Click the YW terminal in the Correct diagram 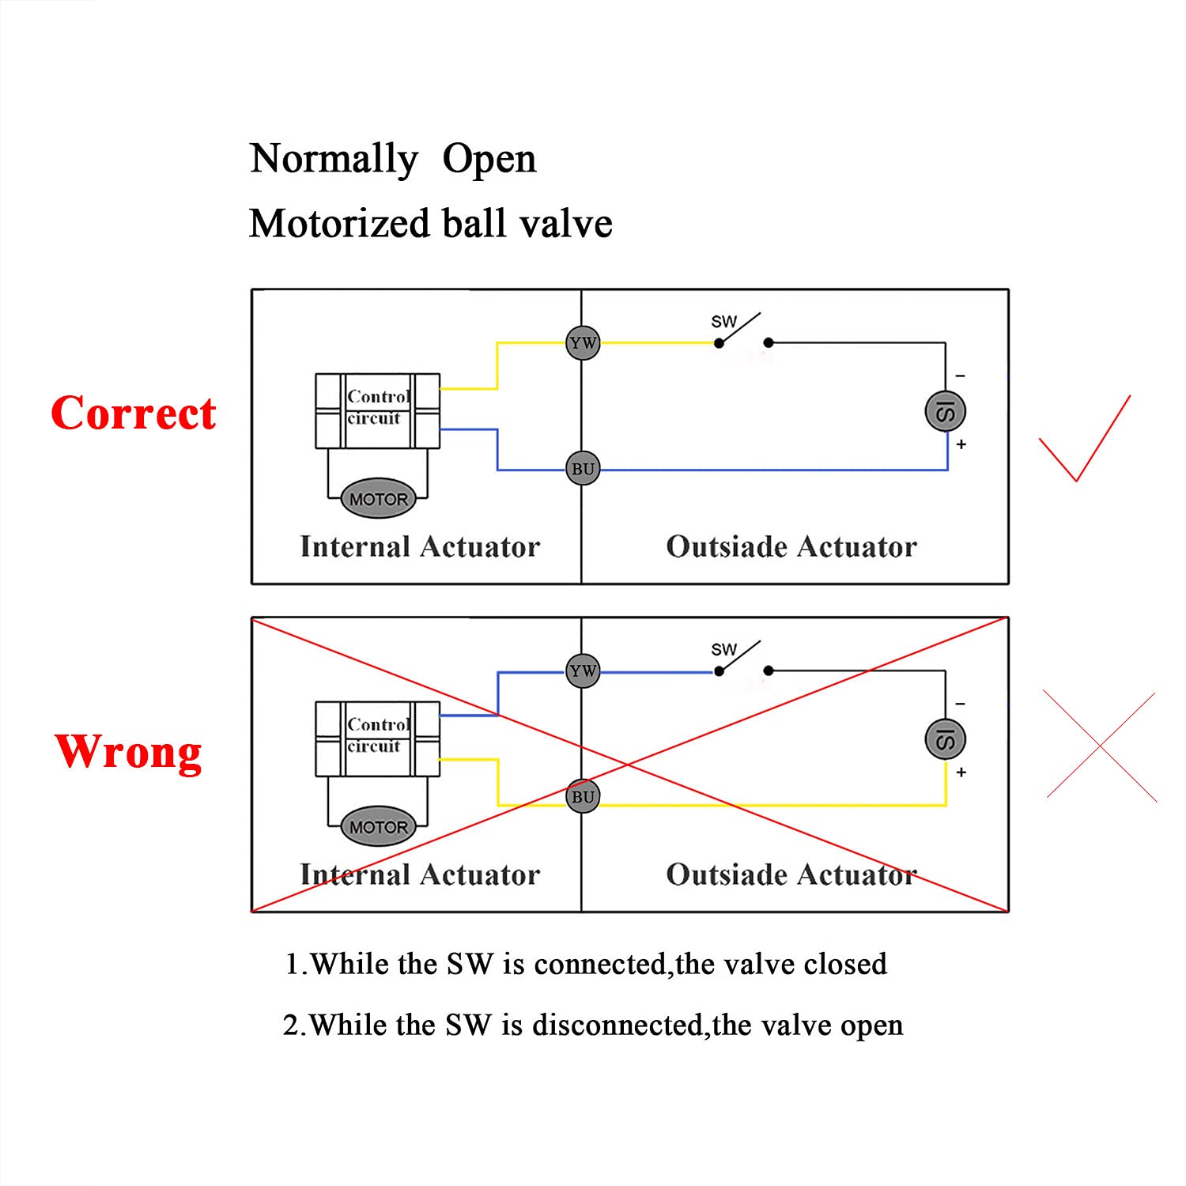click(583, 343)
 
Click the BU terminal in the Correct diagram click(583, 469)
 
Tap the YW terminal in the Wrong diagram click(583, 671)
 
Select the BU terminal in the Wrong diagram click(583, 797)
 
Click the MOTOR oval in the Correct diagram click(378, 499)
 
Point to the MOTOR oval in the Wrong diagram click(378, 827)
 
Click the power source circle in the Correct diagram click(946, 411)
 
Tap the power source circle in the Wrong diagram click(946, 739)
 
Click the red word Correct click(133, 414)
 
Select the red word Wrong click(128, 751)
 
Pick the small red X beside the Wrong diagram click(1100, 746)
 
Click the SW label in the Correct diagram click(723, 322)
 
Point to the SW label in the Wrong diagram click(723, 650)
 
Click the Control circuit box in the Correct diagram click(378, 410)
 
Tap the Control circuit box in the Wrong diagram click(378, 738)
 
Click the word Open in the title click(489, 160)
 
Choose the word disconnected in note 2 click(618, 1025)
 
